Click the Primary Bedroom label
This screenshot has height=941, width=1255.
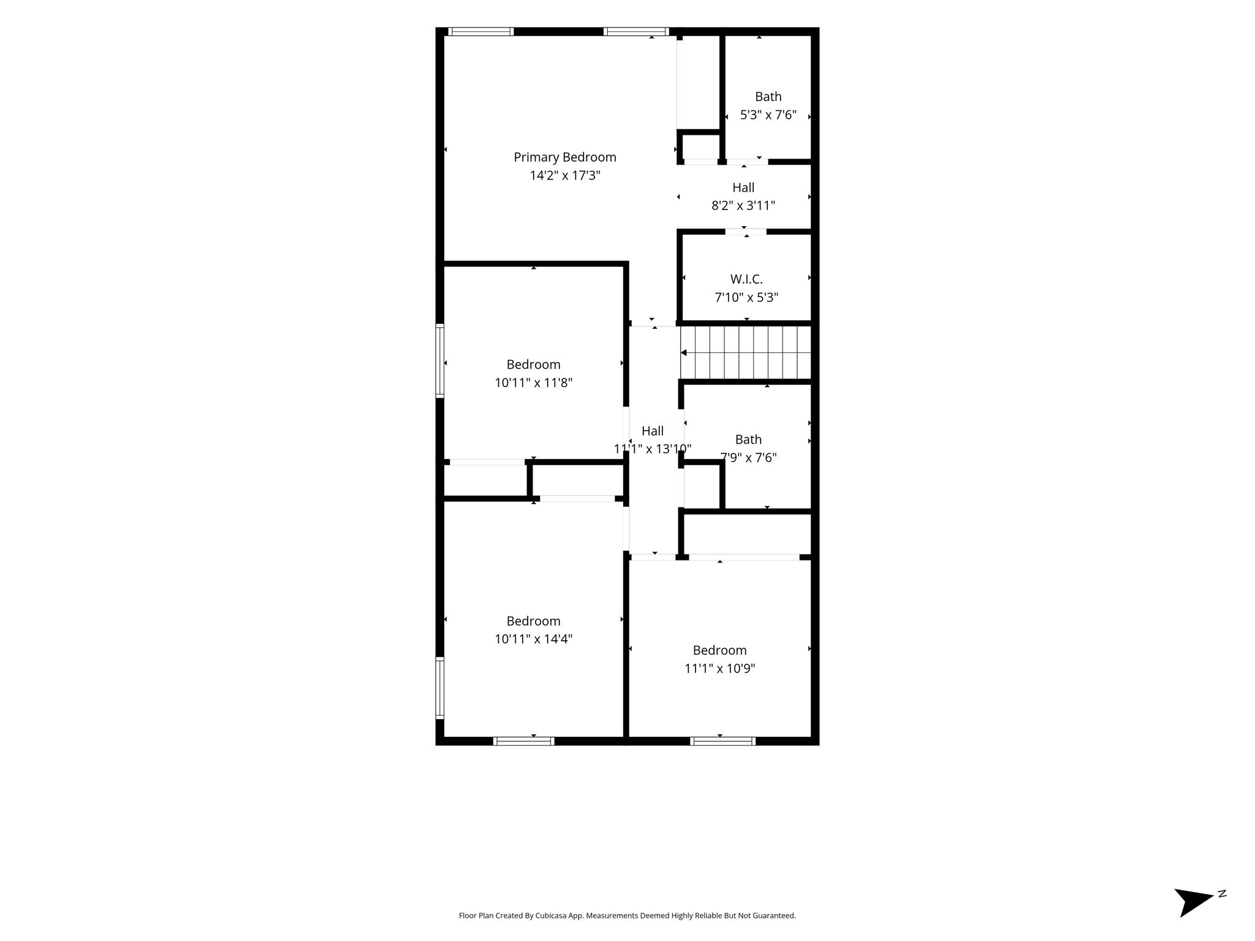pyautogui.click(x=565, y=157)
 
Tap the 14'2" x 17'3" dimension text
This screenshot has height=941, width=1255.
pyautogui.click(x=565, y=176)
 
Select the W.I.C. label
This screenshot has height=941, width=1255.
pyautogui.click(x=746, y=279)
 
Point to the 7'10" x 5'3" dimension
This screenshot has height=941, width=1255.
pyautogui.click(x=746, y=298)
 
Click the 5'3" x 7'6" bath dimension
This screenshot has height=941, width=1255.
pyautogui.click(x=768, y=115)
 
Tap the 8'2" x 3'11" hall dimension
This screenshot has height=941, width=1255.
pyautogui.click(x=743, y=206)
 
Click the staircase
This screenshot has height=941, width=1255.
pyautogui.click(x=746, y=352)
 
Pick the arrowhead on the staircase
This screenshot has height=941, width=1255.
pyautogui.click(x=684, y=352)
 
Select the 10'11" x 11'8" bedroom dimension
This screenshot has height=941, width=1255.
pyautogui.click(x=534, y=383)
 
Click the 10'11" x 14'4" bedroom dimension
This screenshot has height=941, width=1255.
pyautogui.click(x=534, y=639)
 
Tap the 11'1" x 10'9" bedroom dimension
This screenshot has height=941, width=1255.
pyautogui.click(x=720, y=668)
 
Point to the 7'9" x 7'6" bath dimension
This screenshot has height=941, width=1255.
pyautogui.click(x=748, y=458)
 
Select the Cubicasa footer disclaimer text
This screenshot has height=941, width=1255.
pyautogui.click(x=627, y=916)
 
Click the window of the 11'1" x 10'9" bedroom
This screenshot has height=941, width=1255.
pyautogui.click(x=722, y=741)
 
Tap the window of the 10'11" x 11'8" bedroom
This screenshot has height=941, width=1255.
pyautogui.click(x=439, y=361)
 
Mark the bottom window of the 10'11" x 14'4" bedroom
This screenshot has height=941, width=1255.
pyautogui.click(x=523, y=741)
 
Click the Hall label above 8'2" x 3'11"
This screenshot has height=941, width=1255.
pyautogui.click(x=743, y=187)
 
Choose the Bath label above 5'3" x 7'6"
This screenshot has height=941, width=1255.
pyautogui.click(x=768, y=97)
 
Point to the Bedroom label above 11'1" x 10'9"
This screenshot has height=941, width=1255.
pyautogui.click(x=720, y=650)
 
